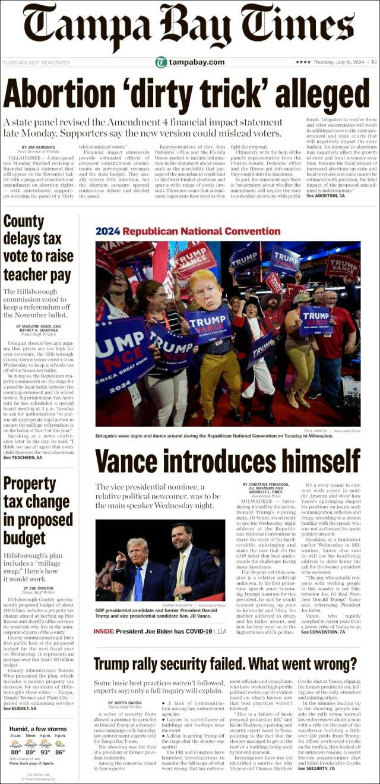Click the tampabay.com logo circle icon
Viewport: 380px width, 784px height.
coord(161,62)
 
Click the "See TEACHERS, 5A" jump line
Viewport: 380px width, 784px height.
coord(23,458)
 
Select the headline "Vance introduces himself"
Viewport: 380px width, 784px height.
coord(227,461)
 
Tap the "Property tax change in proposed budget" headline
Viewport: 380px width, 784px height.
coord(36,509)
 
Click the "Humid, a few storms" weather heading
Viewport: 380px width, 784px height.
coord(37,729)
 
